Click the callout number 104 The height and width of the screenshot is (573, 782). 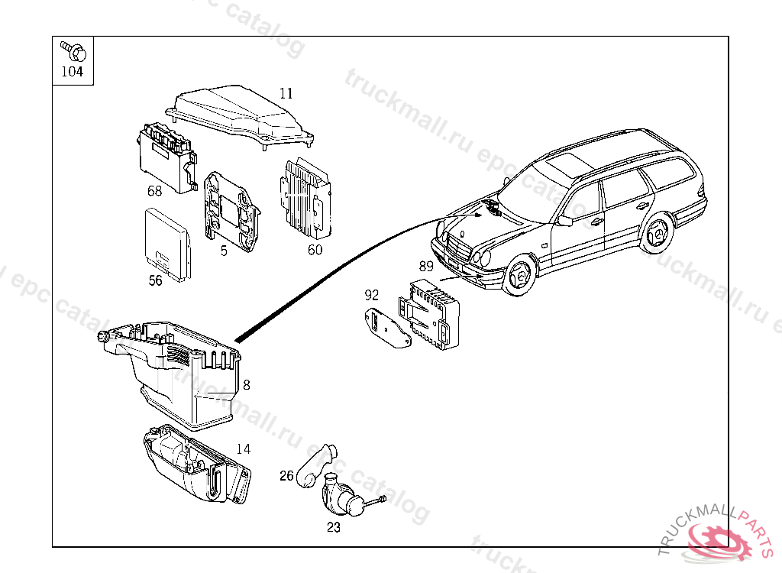[72, 73]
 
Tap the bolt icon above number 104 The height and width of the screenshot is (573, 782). [75, 50]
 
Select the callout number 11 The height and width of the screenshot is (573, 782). [286, 93]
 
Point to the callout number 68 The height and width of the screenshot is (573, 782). [155, 190]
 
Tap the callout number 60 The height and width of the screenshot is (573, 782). [315, 249]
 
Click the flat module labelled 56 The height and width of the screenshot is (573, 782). [168, 240]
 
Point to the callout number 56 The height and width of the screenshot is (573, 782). [155, 280]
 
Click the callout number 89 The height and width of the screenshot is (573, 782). [426, 266]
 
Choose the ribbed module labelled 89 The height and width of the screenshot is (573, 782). [431, 313]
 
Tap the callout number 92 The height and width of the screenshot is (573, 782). [372, 294]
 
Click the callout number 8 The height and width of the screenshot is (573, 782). [246, 385]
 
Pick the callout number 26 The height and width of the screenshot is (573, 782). [286, 476]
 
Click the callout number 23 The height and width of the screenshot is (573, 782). [334, 527]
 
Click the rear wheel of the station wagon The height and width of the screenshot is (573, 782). [656, 232]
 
